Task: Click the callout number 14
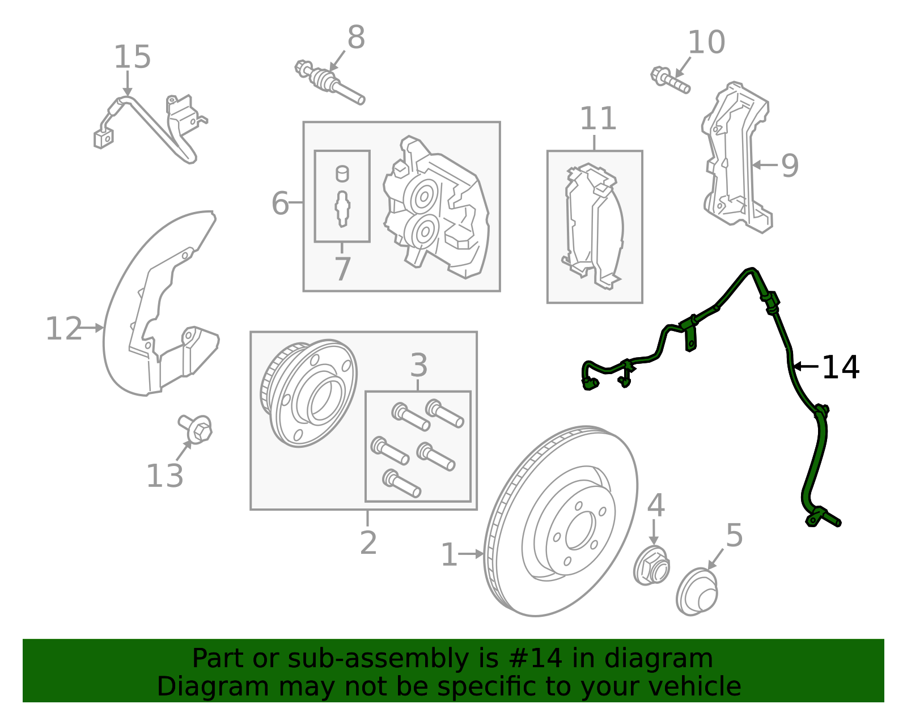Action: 840,367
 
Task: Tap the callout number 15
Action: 132,57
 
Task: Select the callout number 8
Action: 356,37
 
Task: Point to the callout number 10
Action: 706,42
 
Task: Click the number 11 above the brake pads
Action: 598,118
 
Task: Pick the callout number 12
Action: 63,329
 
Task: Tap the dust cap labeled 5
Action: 697,592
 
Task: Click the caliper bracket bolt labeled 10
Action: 670,80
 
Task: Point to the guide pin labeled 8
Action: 330,83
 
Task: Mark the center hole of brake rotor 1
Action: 580,530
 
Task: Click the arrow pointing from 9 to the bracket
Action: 765,165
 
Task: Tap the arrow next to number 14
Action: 805,367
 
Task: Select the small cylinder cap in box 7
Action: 342,173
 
